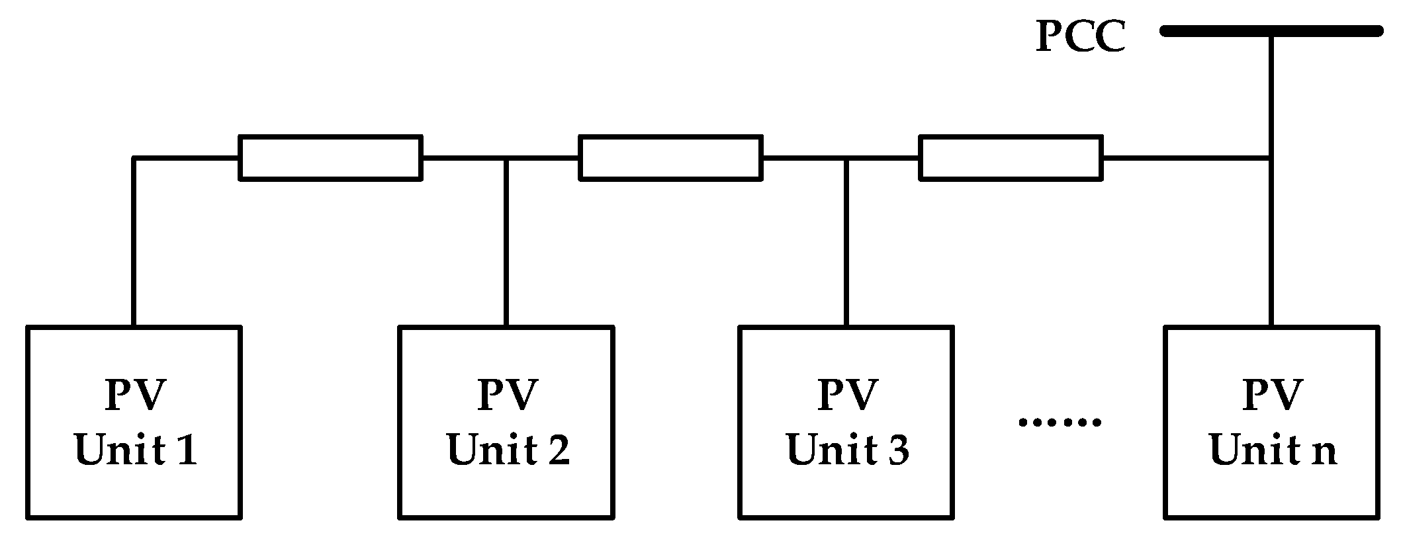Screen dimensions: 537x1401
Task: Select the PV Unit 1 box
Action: coord(134,421)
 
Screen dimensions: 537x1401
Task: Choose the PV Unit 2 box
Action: coord(506,421)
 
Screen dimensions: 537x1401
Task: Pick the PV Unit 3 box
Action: coord(846,421)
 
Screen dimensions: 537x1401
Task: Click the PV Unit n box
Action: coord(1271,421)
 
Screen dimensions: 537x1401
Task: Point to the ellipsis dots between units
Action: coord(1060,421)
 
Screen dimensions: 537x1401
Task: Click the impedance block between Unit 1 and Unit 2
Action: coord(330,157)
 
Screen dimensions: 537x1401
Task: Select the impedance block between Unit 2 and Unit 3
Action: coord(670,157)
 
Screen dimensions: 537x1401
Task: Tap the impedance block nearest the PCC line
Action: coord(1011,157)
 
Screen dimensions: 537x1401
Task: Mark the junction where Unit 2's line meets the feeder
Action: coord(506,158)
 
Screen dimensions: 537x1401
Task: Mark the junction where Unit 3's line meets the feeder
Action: coord(846,158)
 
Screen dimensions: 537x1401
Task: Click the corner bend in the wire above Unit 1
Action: coord(134,158)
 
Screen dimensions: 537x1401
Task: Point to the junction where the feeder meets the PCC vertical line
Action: coord(1271,158)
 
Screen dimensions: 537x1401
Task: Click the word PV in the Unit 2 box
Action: coord(507,395)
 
